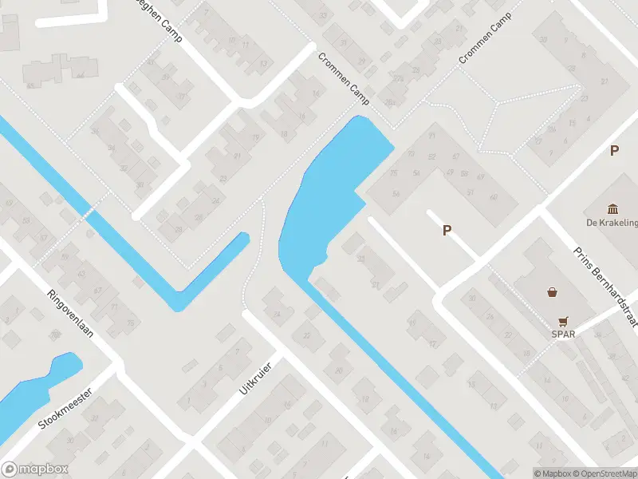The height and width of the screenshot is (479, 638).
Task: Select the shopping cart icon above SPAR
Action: point(565,321)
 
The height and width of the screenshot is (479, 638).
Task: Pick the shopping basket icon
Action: point(552,292)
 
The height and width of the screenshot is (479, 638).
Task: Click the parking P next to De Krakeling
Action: point(614,150)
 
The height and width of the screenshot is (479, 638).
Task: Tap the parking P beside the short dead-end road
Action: point(447,230)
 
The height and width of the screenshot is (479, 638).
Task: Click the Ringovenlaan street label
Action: point(70,313)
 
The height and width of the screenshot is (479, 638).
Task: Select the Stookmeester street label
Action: point(66,408)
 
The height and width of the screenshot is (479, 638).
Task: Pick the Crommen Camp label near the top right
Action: point(484,42)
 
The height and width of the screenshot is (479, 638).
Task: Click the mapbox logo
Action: point(35,469)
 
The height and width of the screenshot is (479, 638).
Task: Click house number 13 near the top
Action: point(264,63)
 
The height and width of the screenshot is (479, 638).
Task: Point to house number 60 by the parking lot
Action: point(493,197)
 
